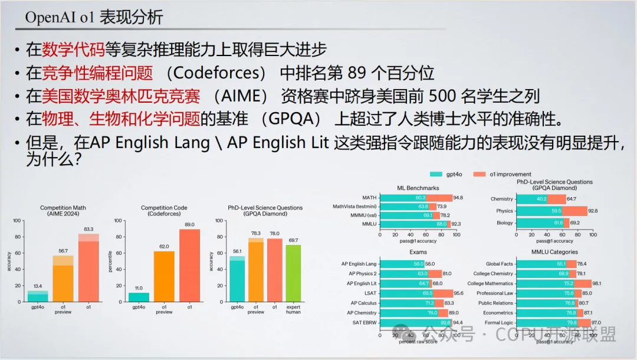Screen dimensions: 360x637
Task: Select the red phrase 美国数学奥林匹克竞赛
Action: click(x=121, y=96)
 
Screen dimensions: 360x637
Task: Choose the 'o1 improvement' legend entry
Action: click(x=504, y=174)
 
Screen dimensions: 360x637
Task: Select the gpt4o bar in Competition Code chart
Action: click(x=139, y=297)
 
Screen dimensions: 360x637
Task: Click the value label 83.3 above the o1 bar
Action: click(x=88, y=229)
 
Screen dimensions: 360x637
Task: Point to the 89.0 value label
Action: click(x=190, y=225)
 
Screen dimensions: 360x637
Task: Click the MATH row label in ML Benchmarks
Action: click(x=369, y=198)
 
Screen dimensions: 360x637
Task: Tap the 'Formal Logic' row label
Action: click(x=499, y=323)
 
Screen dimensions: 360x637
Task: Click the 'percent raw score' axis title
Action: click(x=418, y=342)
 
